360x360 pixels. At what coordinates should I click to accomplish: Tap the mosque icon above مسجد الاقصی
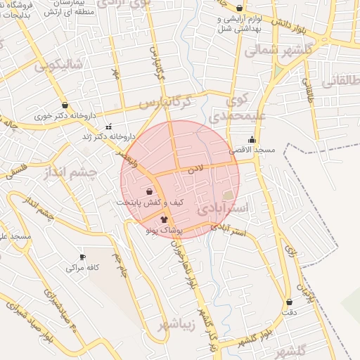pyautogui.click(x=252, y=139)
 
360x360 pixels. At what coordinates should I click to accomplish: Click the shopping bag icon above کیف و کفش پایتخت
pyautogui.click(x=149, y=191)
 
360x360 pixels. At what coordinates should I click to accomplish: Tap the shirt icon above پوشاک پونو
pyautogui.click(x=165, y=219)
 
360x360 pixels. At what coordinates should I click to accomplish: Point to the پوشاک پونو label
pyautogui.click(x=165, y=231)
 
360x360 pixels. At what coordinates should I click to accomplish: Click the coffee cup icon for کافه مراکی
pyautogui.click(x=82, y=257)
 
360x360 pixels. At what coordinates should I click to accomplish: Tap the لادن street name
pyautogui.click(x=195, y=169)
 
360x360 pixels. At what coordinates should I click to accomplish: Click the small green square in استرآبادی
pyautogui.click(x=227, y=195)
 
